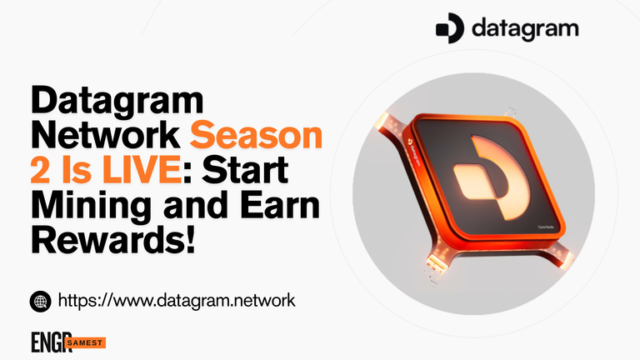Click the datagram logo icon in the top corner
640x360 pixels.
[x=449, y=28]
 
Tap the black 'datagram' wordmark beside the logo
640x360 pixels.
[x=525, y=28]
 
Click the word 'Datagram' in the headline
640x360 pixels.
[x=117, y=101]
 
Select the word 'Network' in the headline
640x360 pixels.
[x=106, y=135]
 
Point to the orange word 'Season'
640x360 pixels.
[x=257, y=136]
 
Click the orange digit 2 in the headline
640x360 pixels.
[x=40, y=170]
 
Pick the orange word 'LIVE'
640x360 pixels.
[x=142, y=170]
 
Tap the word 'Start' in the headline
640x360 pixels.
[x=245, y=170]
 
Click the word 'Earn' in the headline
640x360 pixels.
[x=280, y=205]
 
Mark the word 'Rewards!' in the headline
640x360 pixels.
[x=113, y=240]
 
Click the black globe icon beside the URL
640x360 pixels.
[x=40, y=302]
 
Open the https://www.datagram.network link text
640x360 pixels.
[x=177, y=301]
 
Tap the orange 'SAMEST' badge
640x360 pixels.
[x=85, y=342]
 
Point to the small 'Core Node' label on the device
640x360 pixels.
[x=546, y=227]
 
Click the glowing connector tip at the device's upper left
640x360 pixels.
[x=382, y=120]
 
